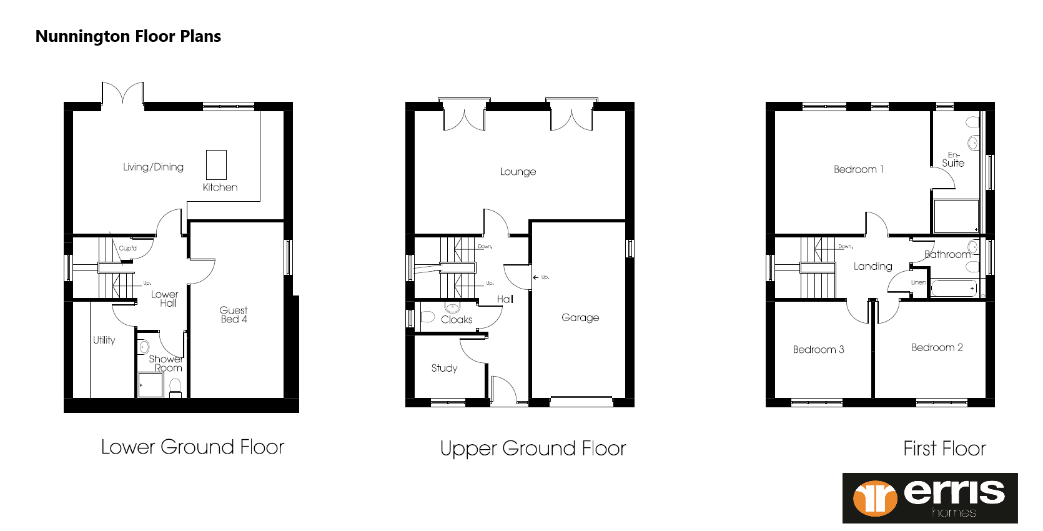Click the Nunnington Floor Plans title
128,36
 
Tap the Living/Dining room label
153,167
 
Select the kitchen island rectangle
216,165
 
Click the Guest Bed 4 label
234,314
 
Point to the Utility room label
104,340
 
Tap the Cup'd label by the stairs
127,248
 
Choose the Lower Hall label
165,299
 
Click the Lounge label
518,172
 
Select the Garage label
580,317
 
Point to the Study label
444,368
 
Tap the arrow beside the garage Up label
535,277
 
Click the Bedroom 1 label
859,169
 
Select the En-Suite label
953,159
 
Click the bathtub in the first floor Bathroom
953,289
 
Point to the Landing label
872,266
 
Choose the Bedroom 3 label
818,349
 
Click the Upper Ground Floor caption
533,449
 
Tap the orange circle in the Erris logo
875,498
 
